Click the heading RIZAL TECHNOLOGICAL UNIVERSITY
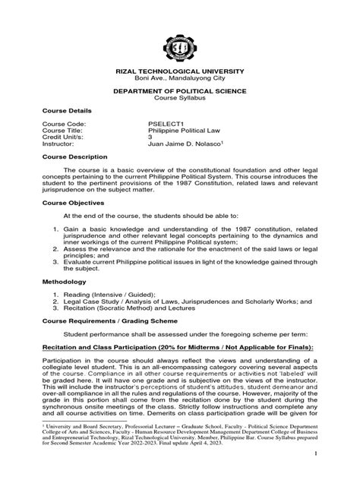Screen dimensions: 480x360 [x=180, y=70]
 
